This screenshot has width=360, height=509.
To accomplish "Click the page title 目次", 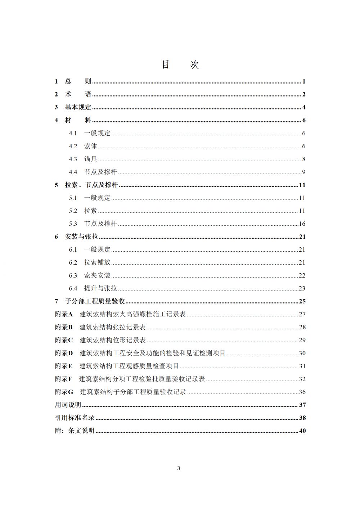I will coord(180,64).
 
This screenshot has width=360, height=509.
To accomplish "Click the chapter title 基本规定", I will coord(78,107).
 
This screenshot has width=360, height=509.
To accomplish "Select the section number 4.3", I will coord(73,159).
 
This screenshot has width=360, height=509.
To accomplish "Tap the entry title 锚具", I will coord(90,159).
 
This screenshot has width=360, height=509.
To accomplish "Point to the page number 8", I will coord(303,159).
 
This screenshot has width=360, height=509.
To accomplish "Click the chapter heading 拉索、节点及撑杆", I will coord(91,185).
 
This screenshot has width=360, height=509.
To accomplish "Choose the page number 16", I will coord(302,224).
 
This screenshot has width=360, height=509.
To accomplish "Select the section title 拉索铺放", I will coord(97,262).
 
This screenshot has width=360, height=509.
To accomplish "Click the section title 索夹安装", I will coord(97,275).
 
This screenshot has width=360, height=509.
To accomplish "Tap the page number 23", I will coord(302,288).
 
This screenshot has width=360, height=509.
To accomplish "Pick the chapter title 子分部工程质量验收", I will coord(95,301).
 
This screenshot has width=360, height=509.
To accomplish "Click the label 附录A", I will coord(64,314).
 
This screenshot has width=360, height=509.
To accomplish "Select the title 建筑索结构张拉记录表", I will coord(112,327).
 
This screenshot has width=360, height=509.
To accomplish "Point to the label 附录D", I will coord(64,353).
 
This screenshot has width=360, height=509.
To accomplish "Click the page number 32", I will coord(302,379).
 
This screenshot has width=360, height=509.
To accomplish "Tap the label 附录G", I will coord(64,392).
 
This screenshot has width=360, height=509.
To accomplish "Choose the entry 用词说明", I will coord(68,405).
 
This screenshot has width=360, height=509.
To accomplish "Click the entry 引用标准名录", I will coord(75,418).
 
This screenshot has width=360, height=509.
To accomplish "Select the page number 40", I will coord(302,431).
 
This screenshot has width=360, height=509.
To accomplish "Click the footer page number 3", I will coord(179,468).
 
